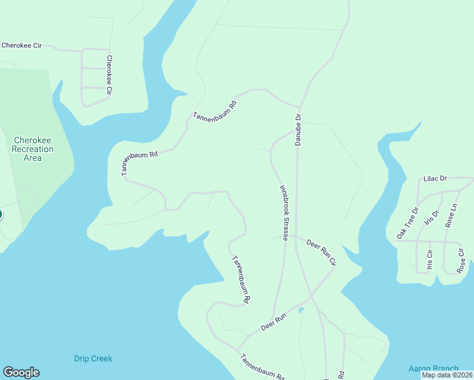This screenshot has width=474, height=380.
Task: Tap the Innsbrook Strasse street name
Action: [x=285, y=213]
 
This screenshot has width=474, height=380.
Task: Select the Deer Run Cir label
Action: [x=321, y=252]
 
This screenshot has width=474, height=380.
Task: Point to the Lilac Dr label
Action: [x=435, y=179]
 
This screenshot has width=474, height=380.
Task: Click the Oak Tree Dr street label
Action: [x=407, y=223]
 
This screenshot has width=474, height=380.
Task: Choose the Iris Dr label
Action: [x=434, y=222]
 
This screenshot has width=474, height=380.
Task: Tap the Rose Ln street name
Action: [x=451, y=216]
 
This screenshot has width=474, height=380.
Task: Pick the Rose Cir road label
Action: [x=461, y=260]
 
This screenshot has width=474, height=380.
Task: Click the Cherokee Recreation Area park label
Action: [x=32, y=149]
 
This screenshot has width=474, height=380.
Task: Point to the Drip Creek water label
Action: [x=92, y=358]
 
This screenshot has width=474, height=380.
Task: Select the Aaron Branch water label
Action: [x=433, y=369]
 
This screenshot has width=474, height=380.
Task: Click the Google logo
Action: [x=21, y=372]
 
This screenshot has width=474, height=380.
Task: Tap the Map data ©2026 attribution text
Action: [x=447, y=375]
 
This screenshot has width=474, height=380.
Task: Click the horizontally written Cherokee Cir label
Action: [x=21, y=46]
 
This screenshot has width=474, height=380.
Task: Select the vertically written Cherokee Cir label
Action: [x=109, y=75]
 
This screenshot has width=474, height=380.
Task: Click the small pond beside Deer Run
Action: [x=301, y=310]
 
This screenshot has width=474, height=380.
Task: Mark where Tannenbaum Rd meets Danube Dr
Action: [x=299, y=106]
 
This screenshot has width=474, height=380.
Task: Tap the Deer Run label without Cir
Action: [x=274, y=323]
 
